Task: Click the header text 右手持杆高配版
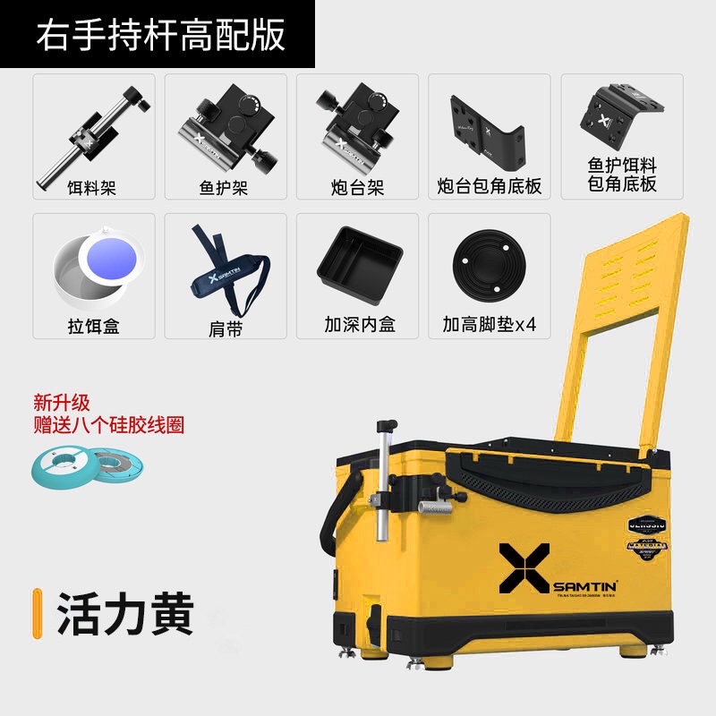pos(160,35)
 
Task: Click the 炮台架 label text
pos(355,188)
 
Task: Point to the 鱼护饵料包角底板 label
pos(621,175)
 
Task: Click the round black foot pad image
pos(489,260)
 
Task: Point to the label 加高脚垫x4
pos(489,325)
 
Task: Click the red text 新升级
pos(63,403)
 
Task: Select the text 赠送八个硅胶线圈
pos(108,425)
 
